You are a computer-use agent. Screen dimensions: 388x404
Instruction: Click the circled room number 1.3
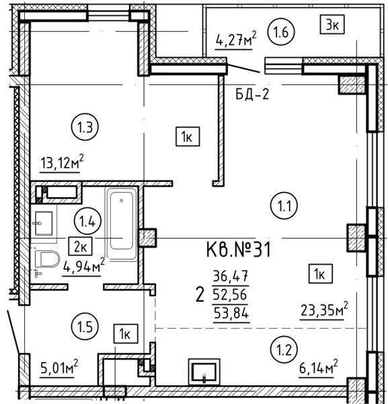[85, 127]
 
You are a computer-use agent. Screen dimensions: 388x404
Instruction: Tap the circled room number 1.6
[281, 32]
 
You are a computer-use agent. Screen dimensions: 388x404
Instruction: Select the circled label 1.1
[284, 206]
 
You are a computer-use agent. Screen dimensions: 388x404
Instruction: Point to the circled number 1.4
[87, 222]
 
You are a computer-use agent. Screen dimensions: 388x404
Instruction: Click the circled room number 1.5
[85, 327]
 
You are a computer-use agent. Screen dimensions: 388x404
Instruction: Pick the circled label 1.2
[284, 350]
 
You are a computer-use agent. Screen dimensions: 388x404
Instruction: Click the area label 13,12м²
[62, 162]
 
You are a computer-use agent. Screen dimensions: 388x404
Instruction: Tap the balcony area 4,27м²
[235, 38]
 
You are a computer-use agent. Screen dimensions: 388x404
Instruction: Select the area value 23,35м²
[323, 310]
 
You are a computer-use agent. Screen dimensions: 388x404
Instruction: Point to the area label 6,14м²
[318, 368]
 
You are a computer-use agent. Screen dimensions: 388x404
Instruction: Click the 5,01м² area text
[59, 368]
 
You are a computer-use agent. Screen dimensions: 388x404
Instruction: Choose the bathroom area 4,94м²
[83, 266]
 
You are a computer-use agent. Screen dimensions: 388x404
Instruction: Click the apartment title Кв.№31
[239, 249]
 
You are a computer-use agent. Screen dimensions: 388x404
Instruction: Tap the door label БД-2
[252, 94]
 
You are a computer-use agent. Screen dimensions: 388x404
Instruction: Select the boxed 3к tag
[332, 25]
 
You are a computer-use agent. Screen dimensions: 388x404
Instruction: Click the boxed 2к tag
[80, 246]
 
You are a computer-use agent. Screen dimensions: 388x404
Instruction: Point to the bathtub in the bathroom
[121, 224]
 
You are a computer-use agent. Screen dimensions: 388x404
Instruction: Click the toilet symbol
[47, 259]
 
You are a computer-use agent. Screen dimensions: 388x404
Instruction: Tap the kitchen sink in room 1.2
[204, 372]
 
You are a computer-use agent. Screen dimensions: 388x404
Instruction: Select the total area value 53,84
[231, 314]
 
